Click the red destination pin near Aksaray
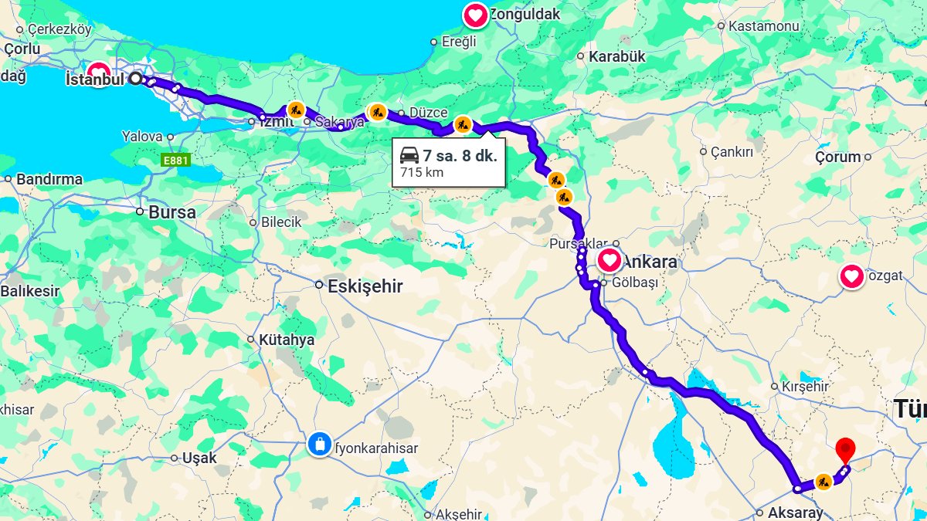pos(845,448)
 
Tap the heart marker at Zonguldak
pos(475,15)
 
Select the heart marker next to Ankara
pos(609,260)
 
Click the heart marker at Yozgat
pos(851,276)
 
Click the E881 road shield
pos(176,160)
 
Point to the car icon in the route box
pos(409,155)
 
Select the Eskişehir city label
pos(365,286)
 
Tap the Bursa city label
pos(171,212)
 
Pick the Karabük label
pos(616,56)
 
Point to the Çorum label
pos(837,157)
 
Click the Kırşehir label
pos(805,387)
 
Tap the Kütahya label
pos(287,340)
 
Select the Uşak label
pos(199,458)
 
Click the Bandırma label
pos(49,179)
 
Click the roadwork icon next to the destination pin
pos(823,482)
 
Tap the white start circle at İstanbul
pos(136,78)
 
